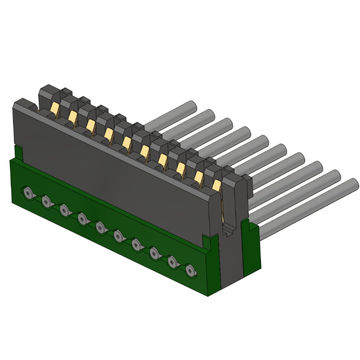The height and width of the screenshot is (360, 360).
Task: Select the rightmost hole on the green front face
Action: (x=190, y=269)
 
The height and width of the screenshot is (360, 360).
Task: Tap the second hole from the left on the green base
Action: (x=47, y=201)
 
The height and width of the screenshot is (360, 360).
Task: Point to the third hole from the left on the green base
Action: (x=65, y=210)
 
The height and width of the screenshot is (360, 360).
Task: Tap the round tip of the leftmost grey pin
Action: (x=191, y=102)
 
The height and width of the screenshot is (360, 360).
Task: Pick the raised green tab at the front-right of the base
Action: (x=212, y=250)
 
